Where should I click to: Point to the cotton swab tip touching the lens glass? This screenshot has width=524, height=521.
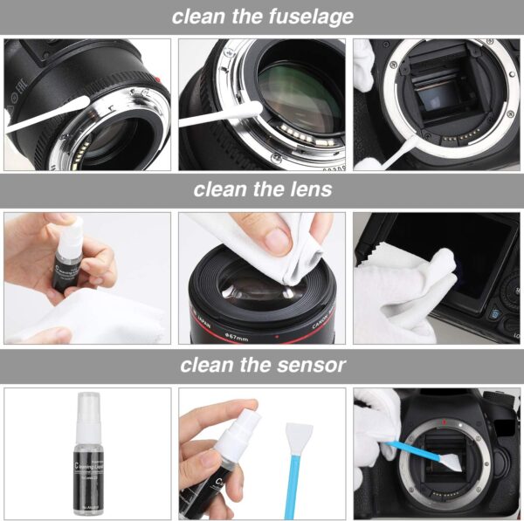252,110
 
